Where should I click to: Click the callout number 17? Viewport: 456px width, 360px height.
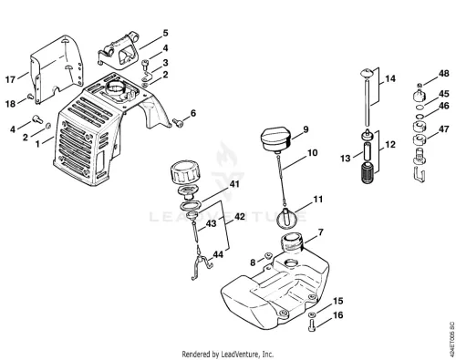pyautogui.click(x=10, y=79)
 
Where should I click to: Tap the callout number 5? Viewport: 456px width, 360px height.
pyautogui.click(x=165, y=33)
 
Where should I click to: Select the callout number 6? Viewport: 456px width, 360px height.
pyautogui.click(x=193, y=113)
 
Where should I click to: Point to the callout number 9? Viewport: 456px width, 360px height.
pyautogui.click(x=306, y=129)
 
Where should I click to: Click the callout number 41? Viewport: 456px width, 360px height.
pyautogui.click(x=234, y=184)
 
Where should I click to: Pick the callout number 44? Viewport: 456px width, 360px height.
pyautogui.click(x=218, y=254)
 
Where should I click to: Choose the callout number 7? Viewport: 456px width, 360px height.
pyautogui.click(x=321, y=232)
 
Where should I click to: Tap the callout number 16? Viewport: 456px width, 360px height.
pyautogui.click(x=337, y=315)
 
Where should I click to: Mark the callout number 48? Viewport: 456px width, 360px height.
pyautogui.click(x=444, y=74)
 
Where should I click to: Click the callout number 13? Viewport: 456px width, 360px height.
pyautogui.click(x=346, y=159)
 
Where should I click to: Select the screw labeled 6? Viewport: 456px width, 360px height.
pyautogui.click(x=178, y=122)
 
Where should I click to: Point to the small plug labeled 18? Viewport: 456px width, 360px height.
pyautogui.click(x=30, y=97)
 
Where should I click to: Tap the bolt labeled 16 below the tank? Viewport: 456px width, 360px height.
pyautogui.click(x=312, y=325)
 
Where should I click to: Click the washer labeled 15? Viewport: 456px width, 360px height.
pyautogui.click(x=311, y=314)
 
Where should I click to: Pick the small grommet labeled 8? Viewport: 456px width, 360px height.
pyautogui.click(x=268, y=255)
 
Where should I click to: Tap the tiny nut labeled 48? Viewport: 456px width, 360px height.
pyautogui.click(x=420, y=85)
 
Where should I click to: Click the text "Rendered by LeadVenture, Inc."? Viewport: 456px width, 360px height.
pyautogui.click(x=228, y=354)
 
